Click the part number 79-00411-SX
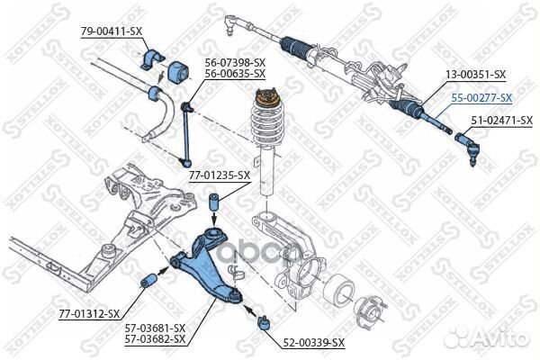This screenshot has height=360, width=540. (x=112, y=31)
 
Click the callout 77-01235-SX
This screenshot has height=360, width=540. (x=219, y=175)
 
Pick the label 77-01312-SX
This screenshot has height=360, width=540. (x=89, y=313)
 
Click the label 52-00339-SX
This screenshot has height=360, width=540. (x=315, y=343)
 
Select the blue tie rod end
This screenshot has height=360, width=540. (x=469, y=143)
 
